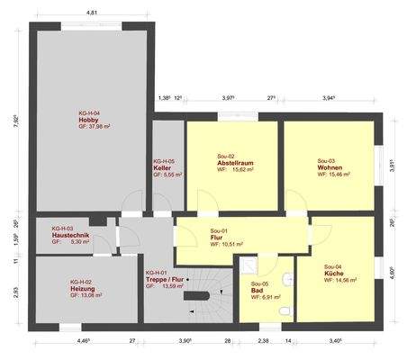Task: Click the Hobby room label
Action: (x=87, y=120)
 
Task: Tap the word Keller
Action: (x=162, y=168)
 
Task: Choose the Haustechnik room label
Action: (x=68, y=236)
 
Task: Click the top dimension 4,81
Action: (x=92, y=14)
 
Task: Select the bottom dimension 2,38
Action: (x=262, y=342)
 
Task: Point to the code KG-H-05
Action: (x=164, y=161)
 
